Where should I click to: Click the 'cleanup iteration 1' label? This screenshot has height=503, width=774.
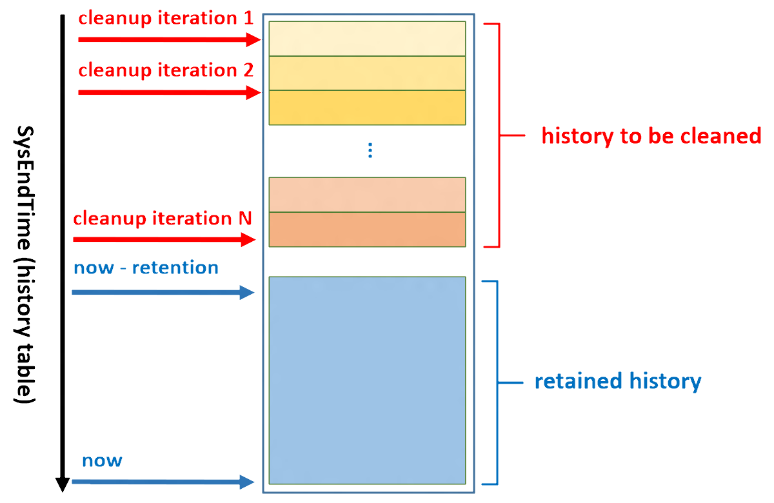coord(166,18)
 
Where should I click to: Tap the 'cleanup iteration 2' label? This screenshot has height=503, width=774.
coord(166,70)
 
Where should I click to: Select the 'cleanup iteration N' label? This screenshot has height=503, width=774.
coord(163,219)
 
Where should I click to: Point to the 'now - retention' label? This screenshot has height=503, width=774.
coord(146,267)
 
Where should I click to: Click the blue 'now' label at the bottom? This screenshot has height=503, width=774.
coord(102,460)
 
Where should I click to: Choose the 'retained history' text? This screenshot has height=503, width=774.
coord(617,381)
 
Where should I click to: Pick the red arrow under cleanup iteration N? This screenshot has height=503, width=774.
coord(165,240)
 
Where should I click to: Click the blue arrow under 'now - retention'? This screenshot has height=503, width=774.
coord(164,293)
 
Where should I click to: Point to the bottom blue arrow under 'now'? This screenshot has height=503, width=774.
coord(164,481)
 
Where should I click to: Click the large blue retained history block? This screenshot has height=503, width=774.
coord(366,380)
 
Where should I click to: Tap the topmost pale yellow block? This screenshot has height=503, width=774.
coord(366,39)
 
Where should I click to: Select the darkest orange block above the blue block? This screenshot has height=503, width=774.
coord(366,229)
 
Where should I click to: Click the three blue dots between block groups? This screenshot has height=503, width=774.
coord(370,151)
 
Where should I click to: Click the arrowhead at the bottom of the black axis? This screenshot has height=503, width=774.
coord(62,484)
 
